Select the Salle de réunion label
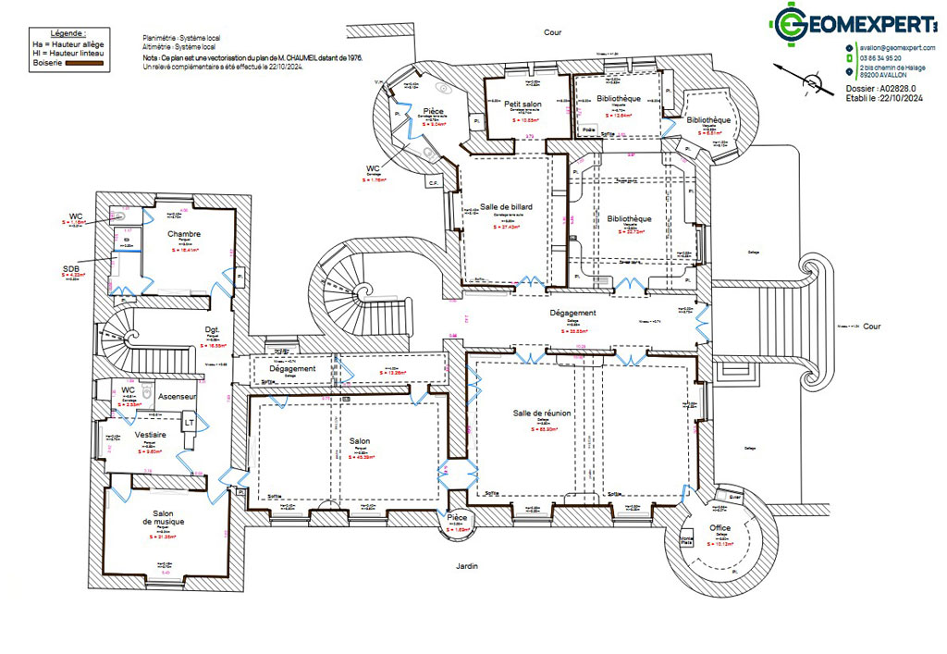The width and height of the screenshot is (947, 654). click(x=542, y=413)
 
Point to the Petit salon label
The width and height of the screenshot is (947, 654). click(x=523, y=105)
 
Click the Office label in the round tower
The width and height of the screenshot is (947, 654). click(x=720, y=528)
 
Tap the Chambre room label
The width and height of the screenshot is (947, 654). click(x=184, y=234)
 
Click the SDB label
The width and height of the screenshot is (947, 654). click(x=72, y=269)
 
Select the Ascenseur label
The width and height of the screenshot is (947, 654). click(x=176, y=396)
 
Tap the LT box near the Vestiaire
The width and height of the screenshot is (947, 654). click(x=189, y=422)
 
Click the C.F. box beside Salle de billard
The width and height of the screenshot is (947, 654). click(x=432, y=182)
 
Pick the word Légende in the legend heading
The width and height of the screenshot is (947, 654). click(x=55, y=32)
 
